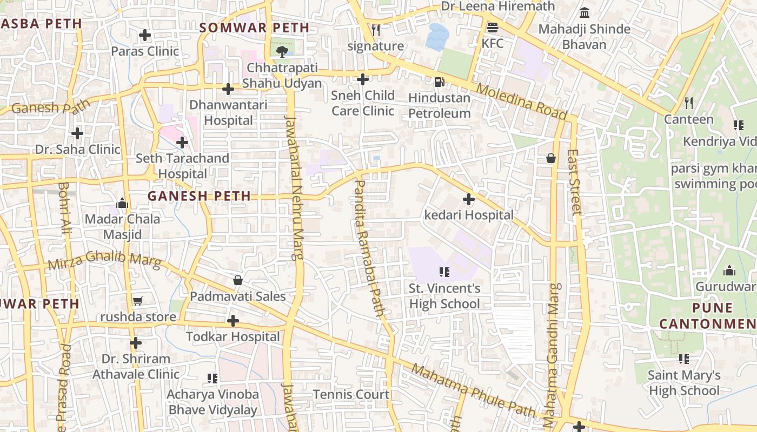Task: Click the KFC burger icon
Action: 492,28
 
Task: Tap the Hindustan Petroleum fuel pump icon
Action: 440,82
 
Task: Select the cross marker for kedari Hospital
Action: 469,199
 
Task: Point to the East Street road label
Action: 574,182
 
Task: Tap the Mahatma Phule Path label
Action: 473,390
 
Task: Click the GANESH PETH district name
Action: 199,196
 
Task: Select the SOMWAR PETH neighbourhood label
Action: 255,28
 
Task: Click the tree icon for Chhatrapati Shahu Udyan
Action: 281,51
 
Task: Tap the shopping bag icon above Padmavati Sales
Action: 237,280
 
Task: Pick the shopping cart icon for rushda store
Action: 137,301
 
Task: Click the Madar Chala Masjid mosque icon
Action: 122,203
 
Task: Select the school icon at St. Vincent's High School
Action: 444,272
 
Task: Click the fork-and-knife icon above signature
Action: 376,30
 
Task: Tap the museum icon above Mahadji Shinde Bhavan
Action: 585,12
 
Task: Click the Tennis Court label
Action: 351,394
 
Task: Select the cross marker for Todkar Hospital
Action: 233,321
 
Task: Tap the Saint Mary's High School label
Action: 684,382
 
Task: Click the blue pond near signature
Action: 437,36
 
